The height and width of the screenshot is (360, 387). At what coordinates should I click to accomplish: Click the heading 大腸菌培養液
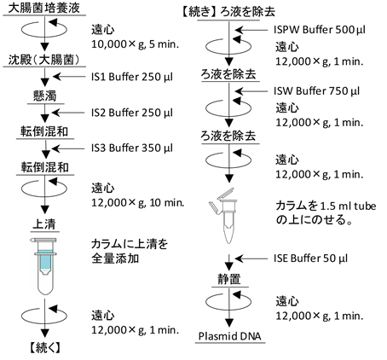pos(44,8)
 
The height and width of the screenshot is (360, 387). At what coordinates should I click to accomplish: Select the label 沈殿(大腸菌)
pos(44,60)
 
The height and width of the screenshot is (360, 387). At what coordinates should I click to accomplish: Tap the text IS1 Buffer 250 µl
pos(132,77)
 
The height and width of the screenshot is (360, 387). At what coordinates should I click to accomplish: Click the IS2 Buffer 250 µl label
pos(132,113)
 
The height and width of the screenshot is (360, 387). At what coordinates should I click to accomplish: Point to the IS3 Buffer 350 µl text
pos(132,148)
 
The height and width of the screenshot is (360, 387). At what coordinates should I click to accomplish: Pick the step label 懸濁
pos(45,96)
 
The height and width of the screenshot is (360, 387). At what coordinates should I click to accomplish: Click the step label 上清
pos(44,224)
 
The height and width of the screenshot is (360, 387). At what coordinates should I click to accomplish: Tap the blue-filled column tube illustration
pos(44,265)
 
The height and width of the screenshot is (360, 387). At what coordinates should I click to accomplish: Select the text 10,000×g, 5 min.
pos(135,44)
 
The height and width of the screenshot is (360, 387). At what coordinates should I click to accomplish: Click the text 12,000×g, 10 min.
pos(138,203)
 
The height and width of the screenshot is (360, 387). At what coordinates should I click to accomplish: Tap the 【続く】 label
pos(45,347)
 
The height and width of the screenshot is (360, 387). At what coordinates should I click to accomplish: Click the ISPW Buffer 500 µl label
pos(320,30)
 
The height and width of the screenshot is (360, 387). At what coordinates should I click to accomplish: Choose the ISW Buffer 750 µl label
pos(317,91)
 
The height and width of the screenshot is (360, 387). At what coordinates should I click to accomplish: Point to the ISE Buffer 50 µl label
pos(311,258)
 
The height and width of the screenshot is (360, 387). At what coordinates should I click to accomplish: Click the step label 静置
pos(229,279)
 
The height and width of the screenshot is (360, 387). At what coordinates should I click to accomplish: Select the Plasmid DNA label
pos(229,336)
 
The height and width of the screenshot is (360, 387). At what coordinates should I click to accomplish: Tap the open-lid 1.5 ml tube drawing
pos(225,216)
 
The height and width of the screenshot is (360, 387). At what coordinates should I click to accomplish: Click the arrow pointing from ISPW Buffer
pos(251,30)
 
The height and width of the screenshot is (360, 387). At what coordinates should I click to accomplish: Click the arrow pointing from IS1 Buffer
pos(69,77)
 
